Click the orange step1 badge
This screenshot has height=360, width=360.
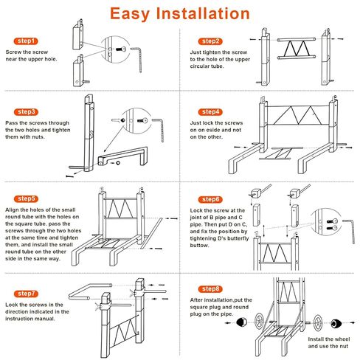pos(26,41)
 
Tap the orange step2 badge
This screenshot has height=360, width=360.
pos(210,41)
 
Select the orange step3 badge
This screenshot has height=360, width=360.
pos(26,112)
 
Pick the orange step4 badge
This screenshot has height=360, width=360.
pos(210,112)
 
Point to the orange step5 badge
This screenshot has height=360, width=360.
pos(26,198)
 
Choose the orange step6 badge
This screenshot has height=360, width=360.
pos(210,199)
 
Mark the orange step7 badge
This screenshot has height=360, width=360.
pos(26,294)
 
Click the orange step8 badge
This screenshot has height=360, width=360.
pos(210,289)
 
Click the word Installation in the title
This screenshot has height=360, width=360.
pos(203,13)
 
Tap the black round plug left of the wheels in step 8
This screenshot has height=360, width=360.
pos(241,322)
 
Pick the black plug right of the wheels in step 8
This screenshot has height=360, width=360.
pos(336,324)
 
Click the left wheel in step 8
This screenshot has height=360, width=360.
pos(259,322)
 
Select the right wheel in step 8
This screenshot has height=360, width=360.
pos(317,322)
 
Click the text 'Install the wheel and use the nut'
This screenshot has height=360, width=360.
pos(328,342)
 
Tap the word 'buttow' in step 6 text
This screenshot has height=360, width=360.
pos(199,245)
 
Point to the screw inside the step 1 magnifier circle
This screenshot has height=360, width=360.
pos(120,49)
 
